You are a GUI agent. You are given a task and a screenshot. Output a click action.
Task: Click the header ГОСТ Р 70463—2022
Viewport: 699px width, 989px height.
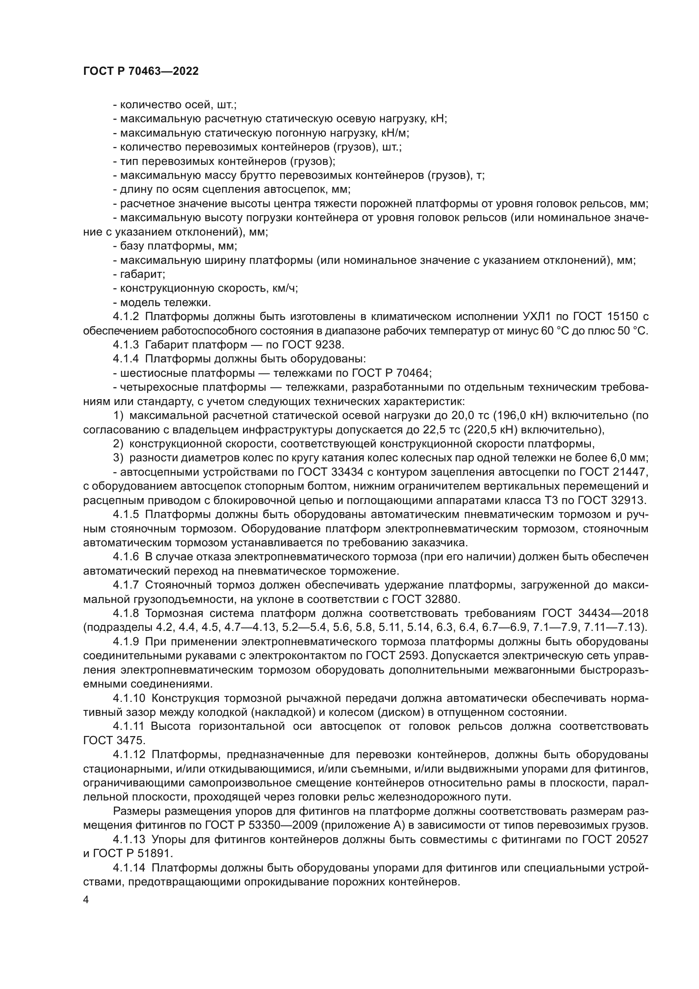[141, 71]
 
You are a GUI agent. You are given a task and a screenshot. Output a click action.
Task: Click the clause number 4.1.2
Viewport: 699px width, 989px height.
[126, 317]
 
